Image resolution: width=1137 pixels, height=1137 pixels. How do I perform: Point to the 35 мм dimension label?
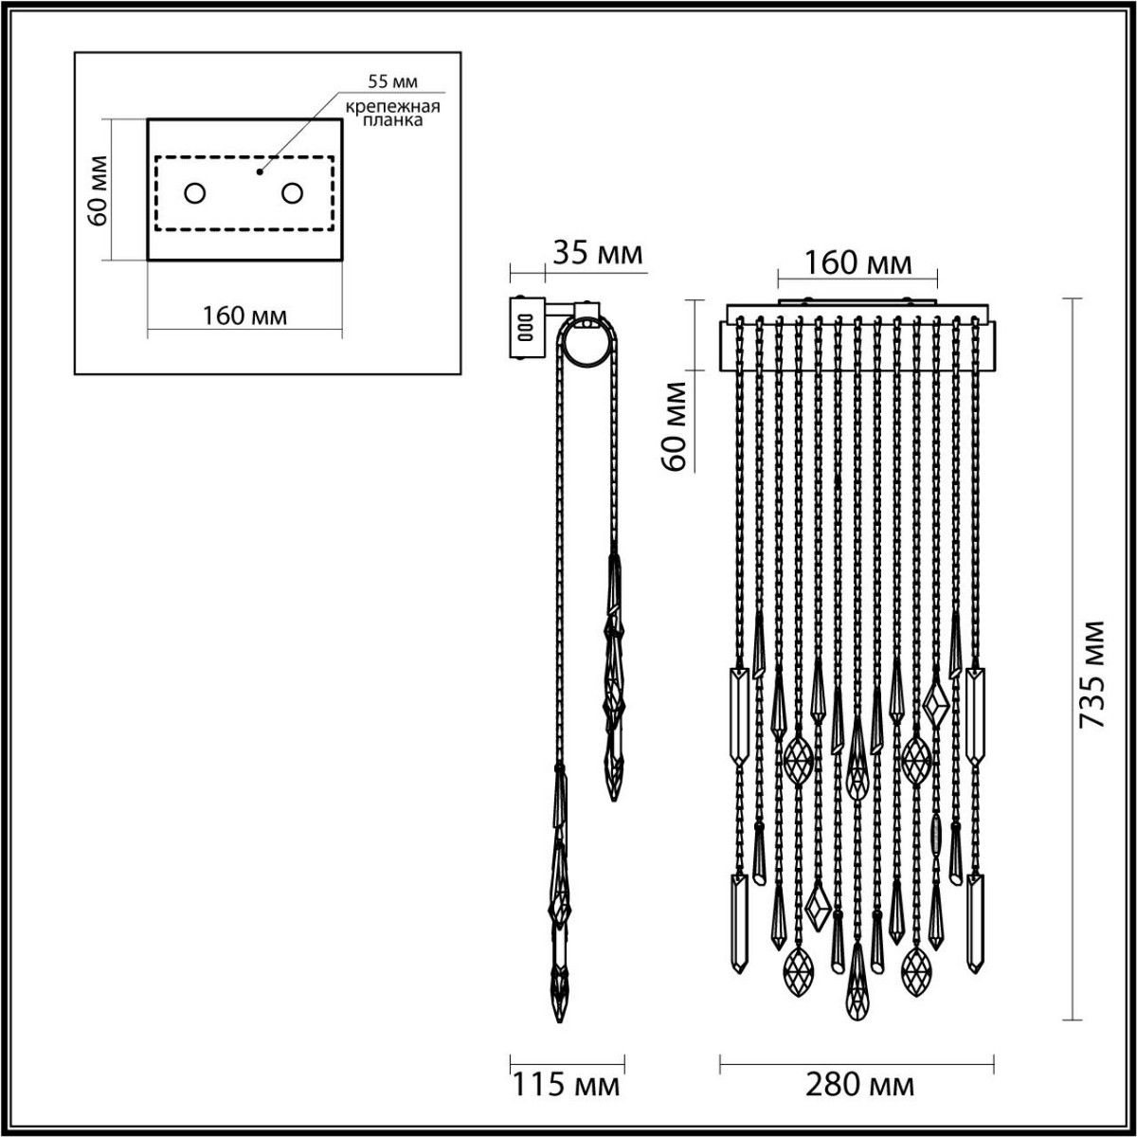[597, 254]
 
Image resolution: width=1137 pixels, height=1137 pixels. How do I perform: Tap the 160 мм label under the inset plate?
[244, 315]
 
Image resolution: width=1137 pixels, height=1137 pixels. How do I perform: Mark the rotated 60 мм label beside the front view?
[674, 426]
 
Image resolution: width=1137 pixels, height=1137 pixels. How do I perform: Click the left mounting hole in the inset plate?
[194, 193]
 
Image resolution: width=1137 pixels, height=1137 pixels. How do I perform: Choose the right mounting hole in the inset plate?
[292, 193]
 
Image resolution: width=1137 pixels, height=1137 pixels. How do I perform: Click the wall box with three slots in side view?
[525, 329]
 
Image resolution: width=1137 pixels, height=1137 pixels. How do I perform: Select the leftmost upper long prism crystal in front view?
[738, 715]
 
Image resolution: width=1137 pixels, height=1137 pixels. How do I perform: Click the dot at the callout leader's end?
[259, 173]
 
